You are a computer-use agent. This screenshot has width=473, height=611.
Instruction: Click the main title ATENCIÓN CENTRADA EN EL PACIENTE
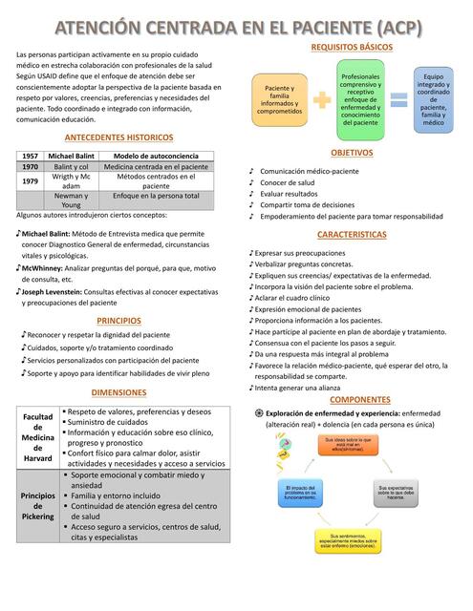(x=236, y=26)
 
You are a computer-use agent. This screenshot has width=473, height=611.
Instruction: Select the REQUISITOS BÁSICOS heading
(x=352, y=47)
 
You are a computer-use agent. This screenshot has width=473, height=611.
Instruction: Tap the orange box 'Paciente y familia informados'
(x=279, y=98)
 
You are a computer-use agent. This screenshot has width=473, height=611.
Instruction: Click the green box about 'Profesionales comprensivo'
(x=360, y=98)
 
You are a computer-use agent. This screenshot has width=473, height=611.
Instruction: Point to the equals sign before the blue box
(x=398, y=99)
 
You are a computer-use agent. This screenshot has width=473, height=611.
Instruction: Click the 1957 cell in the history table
(x=30, y=156)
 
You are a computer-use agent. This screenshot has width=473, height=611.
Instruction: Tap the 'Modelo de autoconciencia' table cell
(x=162, y=156)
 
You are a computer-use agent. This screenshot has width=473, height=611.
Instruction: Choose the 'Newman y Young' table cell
(x=71, y=200)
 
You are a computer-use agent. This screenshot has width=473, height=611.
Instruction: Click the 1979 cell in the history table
(x=30, y=180)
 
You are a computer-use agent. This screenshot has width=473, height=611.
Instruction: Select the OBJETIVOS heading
(x=352, y=153)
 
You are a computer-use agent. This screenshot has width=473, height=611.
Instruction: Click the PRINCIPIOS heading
(x=119, y=321)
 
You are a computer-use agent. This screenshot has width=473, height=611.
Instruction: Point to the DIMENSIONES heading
(x=119, y=392)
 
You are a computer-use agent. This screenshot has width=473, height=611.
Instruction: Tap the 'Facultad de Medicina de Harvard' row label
(x=37, y=437)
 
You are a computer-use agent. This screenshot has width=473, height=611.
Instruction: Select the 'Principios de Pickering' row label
(x=37, y=506)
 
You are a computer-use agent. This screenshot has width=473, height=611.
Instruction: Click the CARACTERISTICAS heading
(x=352, y=235)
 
